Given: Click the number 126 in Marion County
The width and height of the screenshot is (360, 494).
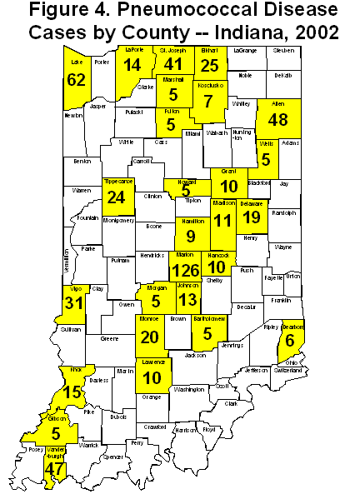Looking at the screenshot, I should [x=187, y=271].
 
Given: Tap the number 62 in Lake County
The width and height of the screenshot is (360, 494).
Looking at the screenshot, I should [x=77, y=81].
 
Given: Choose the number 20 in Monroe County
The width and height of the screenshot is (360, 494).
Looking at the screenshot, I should [x=151, y=337].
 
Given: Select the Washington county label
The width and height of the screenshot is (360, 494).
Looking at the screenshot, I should [x=190, y=389].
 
